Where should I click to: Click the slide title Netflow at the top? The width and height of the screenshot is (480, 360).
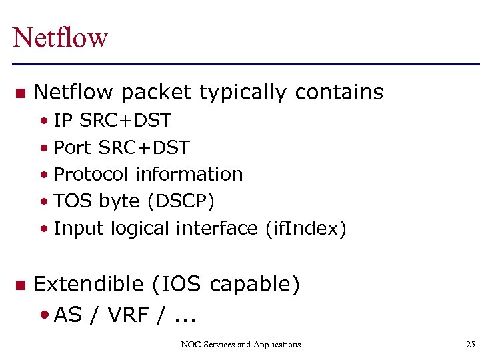60,37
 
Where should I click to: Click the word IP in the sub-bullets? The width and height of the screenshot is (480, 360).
63,121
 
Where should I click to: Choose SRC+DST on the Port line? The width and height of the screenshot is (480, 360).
144,147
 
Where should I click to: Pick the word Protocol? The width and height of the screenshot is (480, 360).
91,175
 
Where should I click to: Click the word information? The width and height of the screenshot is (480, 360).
189,175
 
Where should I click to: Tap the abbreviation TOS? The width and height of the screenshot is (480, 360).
73,201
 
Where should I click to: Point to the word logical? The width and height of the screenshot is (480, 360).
140,229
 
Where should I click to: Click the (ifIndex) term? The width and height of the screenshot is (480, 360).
305,229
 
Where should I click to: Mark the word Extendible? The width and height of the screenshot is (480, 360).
88,285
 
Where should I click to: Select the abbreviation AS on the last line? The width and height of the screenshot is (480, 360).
68,315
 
